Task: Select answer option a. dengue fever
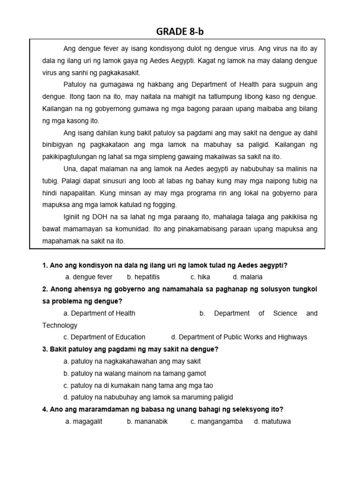tap(89, 277)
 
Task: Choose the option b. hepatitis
tap(143, 277)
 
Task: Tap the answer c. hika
tap(200, 277)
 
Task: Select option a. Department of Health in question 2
tap(99, 313)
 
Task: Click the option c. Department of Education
tap(104, 337)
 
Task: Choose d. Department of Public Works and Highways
tap(239, 337)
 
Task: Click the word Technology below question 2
tap(60, 325)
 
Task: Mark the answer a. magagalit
tap(84, 421)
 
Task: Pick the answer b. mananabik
tap(147, 421)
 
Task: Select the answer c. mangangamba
tap(217, 421)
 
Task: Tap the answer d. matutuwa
tap(272, 421)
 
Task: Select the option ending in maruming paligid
tap(148, 397)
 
